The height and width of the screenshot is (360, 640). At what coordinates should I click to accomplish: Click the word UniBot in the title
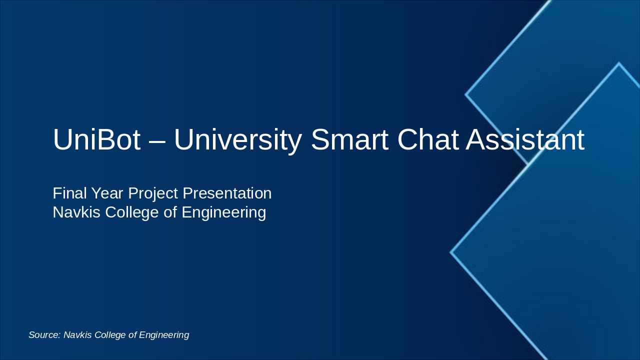coord(96,140)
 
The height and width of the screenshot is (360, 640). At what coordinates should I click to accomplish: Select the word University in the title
coord(237,140)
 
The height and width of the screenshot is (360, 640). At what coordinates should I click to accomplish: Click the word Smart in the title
coord(349,140)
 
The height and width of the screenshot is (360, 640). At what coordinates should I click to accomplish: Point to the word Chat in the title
coord(427,140)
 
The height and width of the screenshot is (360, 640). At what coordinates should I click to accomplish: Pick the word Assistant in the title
coord(525,140)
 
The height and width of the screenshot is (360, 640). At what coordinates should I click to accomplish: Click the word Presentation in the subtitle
coord(227,193)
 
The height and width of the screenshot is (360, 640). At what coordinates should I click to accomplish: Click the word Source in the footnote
coord(44,335)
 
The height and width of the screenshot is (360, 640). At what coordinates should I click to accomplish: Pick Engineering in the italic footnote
coord(164,335)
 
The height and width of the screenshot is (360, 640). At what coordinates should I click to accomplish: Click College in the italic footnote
coord(110,335)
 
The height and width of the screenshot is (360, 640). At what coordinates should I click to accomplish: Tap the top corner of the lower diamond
coord(618,63)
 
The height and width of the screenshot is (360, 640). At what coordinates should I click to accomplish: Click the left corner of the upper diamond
coord(466,94)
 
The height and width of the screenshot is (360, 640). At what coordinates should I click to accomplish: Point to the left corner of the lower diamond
coord(451,252)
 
